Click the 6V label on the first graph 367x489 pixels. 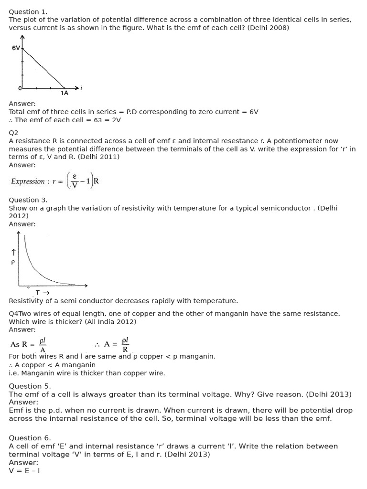click(16, 48)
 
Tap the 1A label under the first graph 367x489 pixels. click(65, 93)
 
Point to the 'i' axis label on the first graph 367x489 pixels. click(82, 87)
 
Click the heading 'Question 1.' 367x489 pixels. click(28, 11)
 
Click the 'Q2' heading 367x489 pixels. click(13, 133)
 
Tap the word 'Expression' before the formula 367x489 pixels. click(28, 181)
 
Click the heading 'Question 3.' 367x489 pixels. click(28, 200)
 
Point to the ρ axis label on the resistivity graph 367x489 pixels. click(13, 262)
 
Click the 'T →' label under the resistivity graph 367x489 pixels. click(43, 293)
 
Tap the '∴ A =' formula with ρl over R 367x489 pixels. click(112, 344)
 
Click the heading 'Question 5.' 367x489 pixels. click(30, 386)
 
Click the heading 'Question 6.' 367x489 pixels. click(30, 438)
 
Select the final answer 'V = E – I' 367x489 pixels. click(24, 470)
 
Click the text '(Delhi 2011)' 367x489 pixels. click(98, 157)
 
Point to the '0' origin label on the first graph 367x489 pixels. click(20, 88)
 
